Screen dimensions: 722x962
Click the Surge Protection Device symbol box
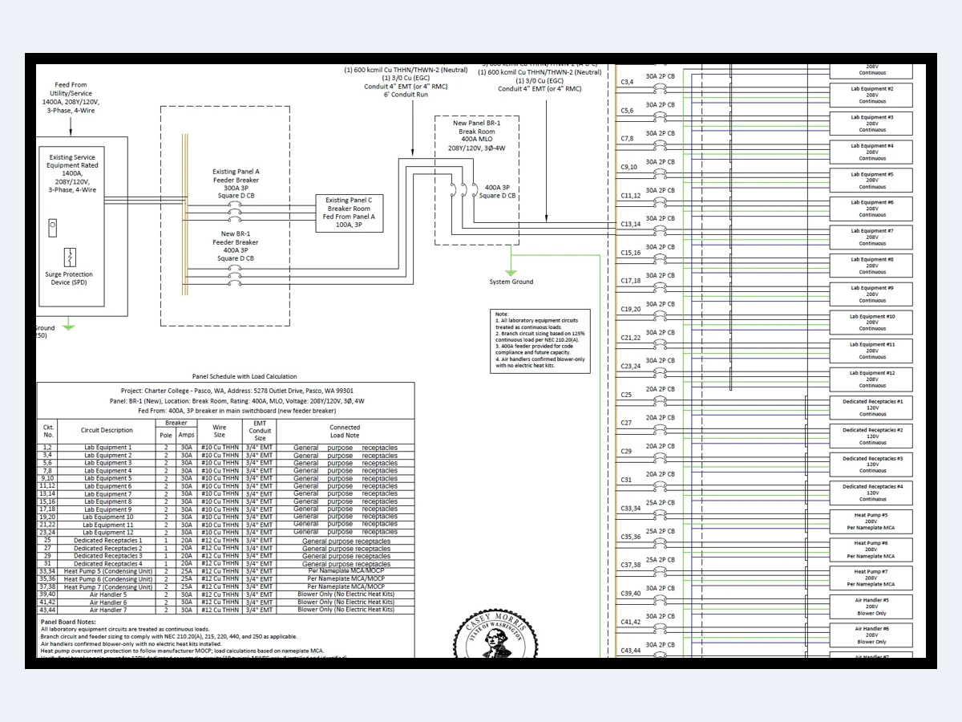71,258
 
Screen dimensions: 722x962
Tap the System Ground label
511,282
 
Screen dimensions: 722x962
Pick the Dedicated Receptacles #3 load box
872,464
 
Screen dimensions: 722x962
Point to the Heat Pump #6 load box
872,550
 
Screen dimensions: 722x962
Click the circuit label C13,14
631,224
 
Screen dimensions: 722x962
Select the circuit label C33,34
631,508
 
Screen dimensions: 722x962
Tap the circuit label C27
626,423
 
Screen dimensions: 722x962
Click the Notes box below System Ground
540,341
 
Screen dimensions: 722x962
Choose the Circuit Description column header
107,430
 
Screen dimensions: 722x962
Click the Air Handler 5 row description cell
107,594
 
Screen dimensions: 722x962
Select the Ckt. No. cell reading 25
47,541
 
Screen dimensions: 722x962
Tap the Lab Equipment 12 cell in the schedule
107,533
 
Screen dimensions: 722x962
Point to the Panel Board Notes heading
68,622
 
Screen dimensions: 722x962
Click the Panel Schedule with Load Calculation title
244,376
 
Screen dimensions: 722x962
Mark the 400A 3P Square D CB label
497,191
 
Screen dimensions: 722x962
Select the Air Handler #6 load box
872,635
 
